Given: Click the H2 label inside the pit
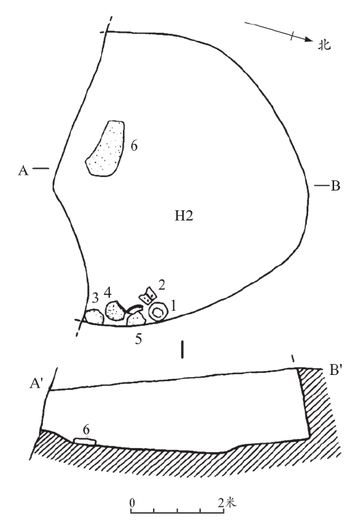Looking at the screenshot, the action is click(184, 216).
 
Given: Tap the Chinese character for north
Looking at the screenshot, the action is click(324, 45).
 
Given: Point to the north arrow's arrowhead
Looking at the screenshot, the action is click(308, 39).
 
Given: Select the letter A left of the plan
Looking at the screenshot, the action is click(23, 170).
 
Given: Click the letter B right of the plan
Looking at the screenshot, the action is click(335, 186).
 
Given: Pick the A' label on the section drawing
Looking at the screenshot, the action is click(36, 383).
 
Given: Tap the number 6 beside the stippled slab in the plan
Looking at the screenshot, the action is click(134, 146).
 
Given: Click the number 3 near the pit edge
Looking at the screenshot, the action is click(96, 298).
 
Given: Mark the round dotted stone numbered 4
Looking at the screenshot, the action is click(115, 310).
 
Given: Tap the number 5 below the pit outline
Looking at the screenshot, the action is click(138, 339).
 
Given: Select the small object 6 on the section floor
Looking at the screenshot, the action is click(85, 441).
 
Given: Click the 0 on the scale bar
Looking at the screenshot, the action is click(133, 502).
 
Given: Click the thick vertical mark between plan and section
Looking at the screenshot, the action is click(183, 350).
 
